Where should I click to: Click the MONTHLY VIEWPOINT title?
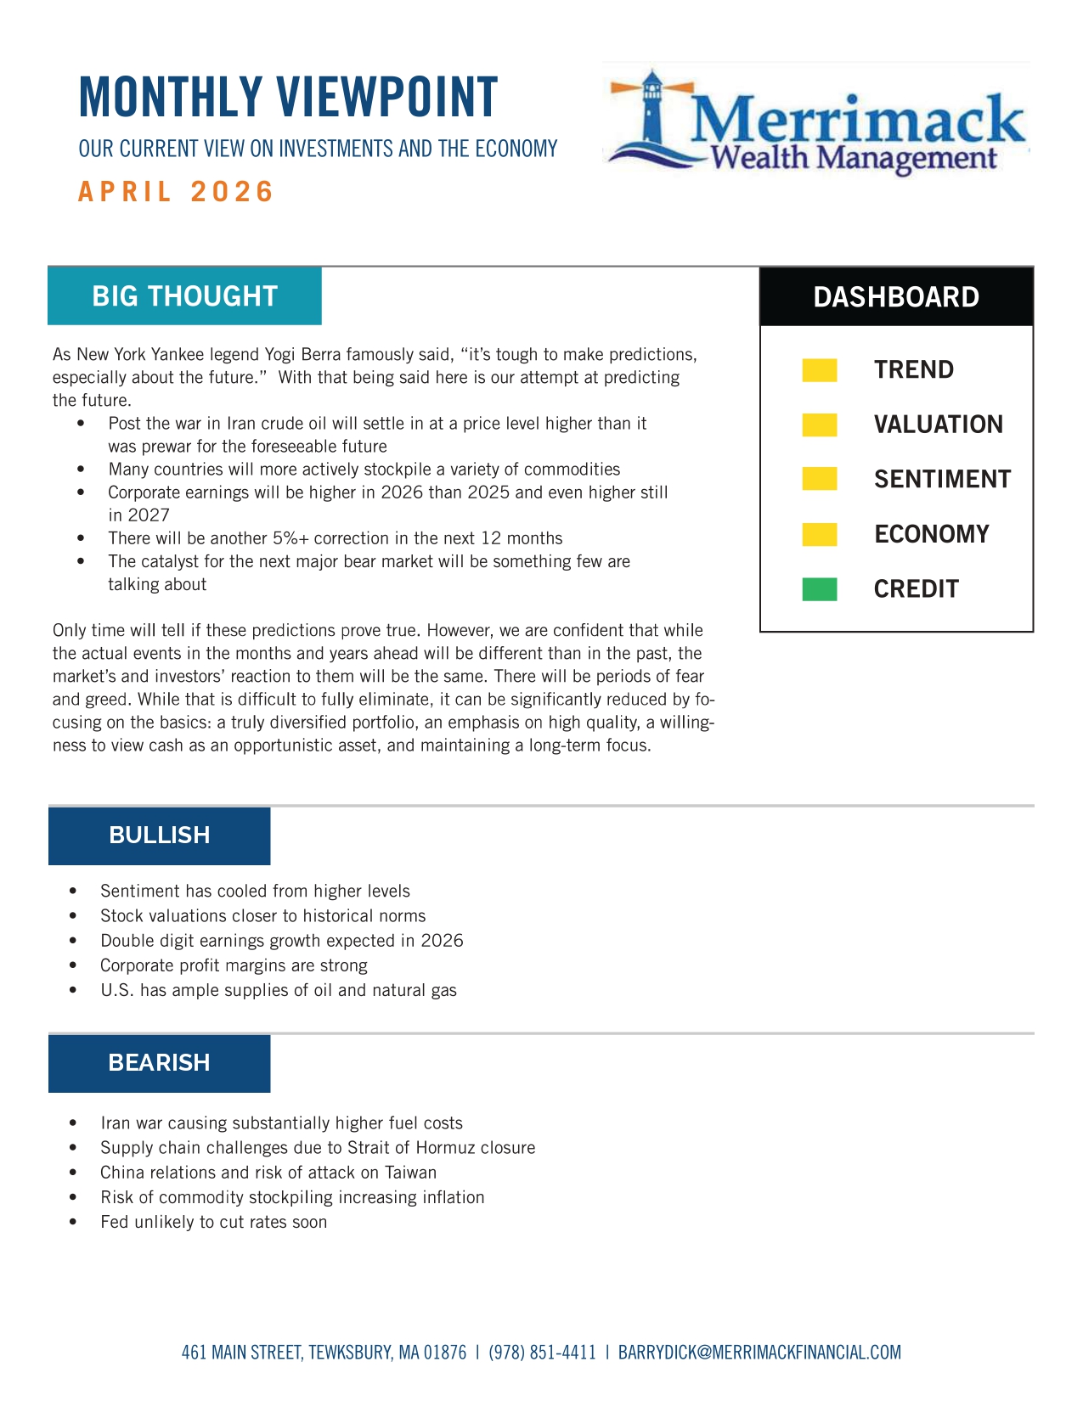pos(288,97)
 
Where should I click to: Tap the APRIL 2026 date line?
pos(176,192)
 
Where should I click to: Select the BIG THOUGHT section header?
pos(184,296)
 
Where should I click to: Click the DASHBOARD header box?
pos(896,297)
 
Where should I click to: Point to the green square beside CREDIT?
pos(820,589)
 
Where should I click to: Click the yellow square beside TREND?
pos(820,370)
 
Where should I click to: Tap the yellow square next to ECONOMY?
pos(820,534)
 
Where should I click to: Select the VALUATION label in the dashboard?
pos(938,425)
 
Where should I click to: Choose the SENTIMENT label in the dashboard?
pos(942,480)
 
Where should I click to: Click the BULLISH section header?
pos(159,836)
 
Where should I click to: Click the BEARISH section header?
pos(159,1063)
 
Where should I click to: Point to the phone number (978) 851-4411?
pos(542,1353)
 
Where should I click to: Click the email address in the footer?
pos(759,1353)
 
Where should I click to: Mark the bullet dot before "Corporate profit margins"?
pos(73,966)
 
